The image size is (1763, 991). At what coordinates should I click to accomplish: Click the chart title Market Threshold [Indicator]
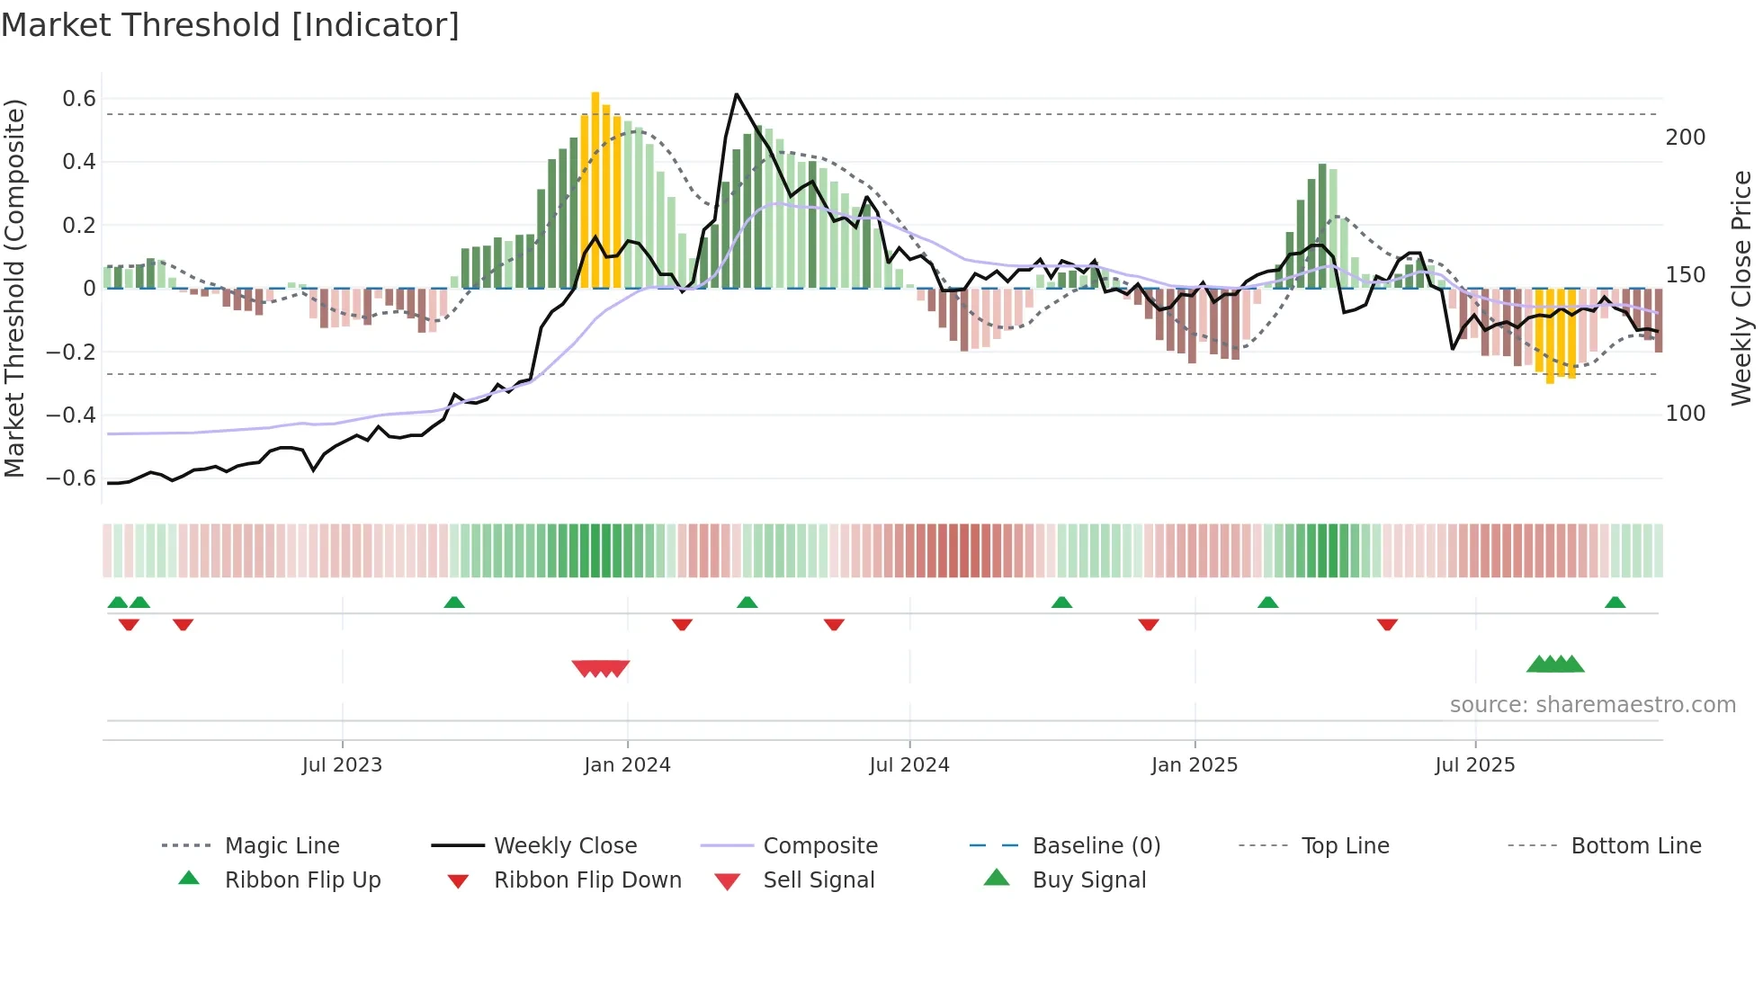click(230, 25)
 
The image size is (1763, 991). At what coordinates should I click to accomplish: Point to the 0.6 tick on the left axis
click(78, 99)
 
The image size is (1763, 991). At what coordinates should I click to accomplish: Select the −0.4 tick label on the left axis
click(71, 415)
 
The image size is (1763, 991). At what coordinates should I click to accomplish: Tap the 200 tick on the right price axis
click(1685, 138)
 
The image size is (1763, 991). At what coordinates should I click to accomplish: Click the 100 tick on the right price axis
click(1685, 414)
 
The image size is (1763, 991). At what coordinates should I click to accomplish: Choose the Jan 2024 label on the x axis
click(627, 765)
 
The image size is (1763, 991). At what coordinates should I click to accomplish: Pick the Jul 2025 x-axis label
click(1474, 765)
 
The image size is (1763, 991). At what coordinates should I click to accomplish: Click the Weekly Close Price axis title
click(1741, 288)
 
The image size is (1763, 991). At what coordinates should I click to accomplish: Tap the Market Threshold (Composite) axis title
click(14, 288)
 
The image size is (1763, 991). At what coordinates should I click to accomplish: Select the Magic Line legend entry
click(282, 846)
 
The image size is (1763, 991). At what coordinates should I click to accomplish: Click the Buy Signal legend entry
click(1088, 880)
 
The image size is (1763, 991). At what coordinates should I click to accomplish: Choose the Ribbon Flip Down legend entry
click(587, 880)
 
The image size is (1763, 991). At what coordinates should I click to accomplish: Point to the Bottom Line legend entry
click(1635, 846)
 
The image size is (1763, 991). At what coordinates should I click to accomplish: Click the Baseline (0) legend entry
click(1096, 846)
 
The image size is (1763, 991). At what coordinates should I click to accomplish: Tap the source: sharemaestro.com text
click(1592, 705)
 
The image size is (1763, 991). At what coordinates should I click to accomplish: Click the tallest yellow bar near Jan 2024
click(595, 189)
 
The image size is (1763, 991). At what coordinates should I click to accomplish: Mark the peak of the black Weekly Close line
click(736, 94)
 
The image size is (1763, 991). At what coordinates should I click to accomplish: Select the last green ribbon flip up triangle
click(1615, 603)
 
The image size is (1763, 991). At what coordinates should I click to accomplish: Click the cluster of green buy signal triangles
click(1554, 665)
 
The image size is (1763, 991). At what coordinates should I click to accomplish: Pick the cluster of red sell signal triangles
click(601, 668)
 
